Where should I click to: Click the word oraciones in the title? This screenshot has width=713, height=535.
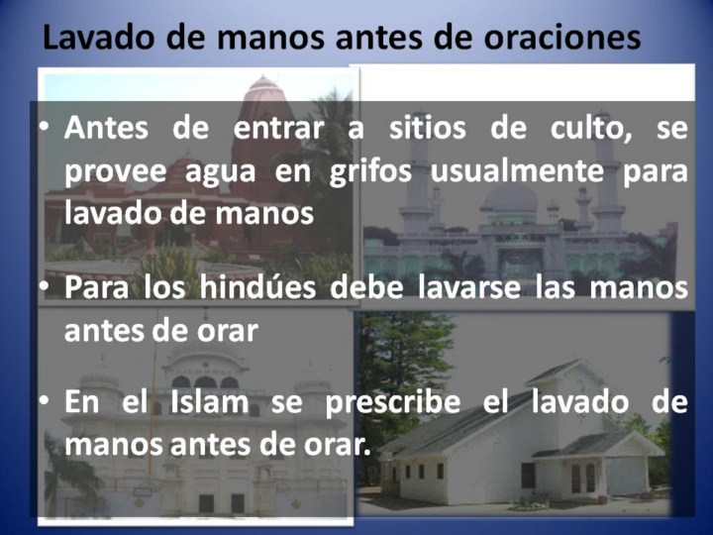[x=562, y=38]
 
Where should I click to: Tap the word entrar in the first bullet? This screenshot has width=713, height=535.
[x=278, y=128]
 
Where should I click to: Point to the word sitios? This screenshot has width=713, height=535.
[x=428, y=128]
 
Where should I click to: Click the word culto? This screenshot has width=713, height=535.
[x=591, y=129]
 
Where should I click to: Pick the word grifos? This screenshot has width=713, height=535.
[x=370, y=171]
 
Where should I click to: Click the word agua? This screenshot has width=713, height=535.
[x=220, y=173]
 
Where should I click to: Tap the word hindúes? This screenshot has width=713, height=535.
[x=257, y=287]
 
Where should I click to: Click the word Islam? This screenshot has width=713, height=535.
[x=210, y=402]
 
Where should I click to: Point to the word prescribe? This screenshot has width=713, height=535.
[x=393, y=403]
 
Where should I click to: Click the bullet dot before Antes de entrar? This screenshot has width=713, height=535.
[x=45, y=128]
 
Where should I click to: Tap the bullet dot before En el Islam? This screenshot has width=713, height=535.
[x=45, y=401]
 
